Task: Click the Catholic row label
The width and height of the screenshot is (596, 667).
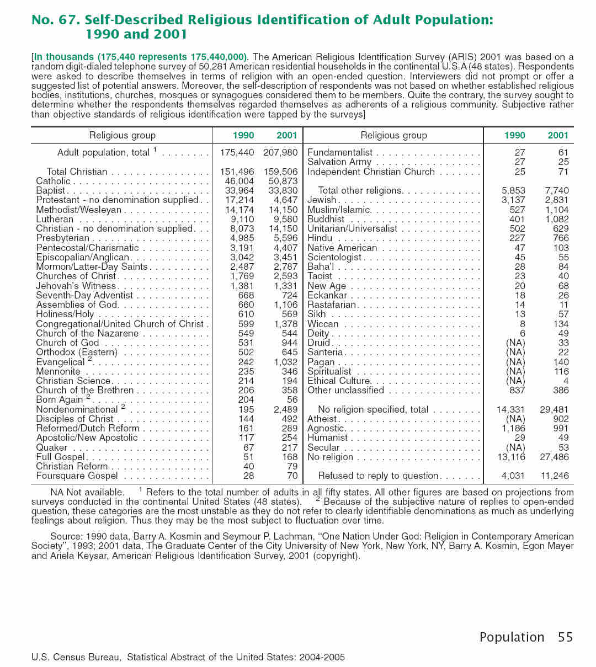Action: click(54, 181)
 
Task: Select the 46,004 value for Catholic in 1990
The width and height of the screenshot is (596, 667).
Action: click(240, 181)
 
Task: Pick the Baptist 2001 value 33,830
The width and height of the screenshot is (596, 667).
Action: click(283, 190)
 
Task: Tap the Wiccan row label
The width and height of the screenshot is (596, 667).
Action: click(323, 324)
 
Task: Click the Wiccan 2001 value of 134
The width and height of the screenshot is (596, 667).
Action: click(561, 324)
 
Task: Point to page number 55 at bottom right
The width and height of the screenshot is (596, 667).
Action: click(566, 637)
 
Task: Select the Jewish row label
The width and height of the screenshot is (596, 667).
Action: click(322, 200)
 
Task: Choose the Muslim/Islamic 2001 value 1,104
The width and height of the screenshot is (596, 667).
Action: click(557, 210)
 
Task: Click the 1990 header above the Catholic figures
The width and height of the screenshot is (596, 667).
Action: click(243, 135)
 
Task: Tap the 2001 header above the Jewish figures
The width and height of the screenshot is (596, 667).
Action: click(558, 135)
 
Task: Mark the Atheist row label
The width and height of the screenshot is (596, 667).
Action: click(322, 419)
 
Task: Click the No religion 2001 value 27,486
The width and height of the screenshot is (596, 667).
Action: click(555, 457)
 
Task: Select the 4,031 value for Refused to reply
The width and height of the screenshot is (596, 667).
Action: click(513, 476)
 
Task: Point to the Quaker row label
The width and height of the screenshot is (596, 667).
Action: click(52, 447)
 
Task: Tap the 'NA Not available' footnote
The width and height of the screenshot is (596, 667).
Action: click(87, 492)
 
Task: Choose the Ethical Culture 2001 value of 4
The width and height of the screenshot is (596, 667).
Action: click(566, 381)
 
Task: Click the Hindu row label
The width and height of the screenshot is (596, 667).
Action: click(320, 238)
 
